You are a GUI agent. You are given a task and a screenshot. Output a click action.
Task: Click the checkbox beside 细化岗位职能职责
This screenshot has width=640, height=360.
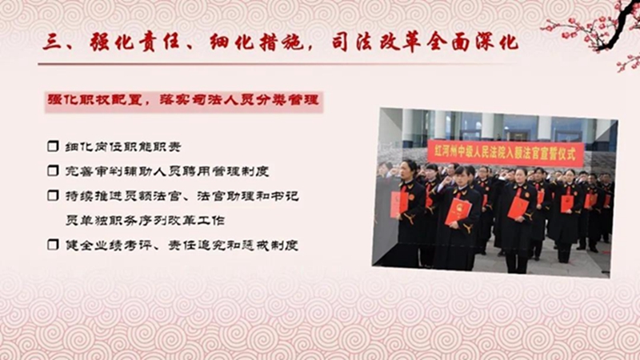click(x=53, y=146)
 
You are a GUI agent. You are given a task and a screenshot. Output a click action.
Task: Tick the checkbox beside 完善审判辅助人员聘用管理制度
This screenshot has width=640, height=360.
click(x=53, y=170)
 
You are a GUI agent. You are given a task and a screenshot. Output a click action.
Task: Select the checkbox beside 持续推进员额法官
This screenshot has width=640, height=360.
click(x=53, y=195)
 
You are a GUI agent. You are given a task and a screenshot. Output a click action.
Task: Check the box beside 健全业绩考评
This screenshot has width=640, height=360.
click(x=53, y=245)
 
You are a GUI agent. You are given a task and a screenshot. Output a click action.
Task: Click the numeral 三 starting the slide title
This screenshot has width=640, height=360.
click(x=52, y=42)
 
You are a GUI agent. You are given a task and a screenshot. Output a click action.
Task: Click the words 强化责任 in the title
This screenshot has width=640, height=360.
click(x=134, y=43)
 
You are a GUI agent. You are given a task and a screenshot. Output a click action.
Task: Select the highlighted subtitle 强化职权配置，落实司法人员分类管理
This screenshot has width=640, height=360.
click(x=184, y=101)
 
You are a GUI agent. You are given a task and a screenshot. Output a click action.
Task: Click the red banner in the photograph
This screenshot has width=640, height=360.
click(x=506, y=153)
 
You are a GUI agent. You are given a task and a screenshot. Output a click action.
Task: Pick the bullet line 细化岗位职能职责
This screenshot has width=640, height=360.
click(x=123, y=146)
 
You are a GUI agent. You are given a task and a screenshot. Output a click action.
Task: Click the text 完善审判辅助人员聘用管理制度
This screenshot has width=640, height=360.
click(x=167, y=171)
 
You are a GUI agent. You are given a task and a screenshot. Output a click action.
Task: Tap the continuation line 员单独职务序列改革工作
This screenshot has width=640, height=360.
click(x=146, y=221)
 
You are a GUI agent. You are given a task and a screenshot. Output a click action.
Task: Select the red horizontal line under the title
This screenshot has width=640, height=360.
click(x=270, y=64)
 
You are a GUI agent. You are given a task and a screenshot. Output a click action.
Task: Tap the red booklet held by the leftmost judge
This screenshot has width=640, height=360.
click(x=398, y=204)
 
